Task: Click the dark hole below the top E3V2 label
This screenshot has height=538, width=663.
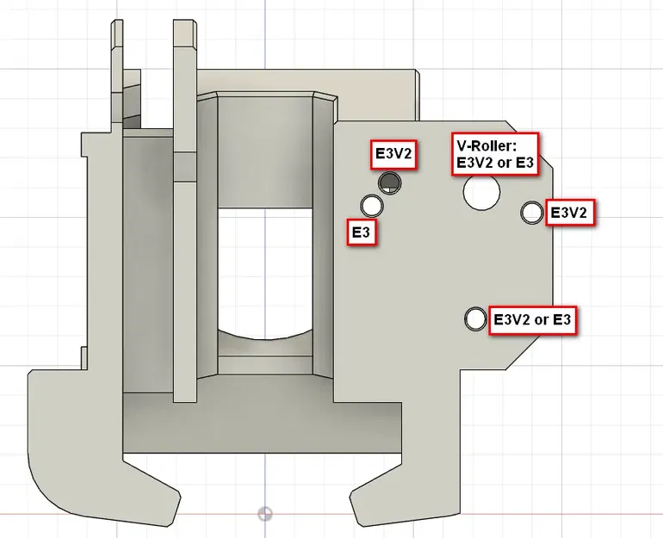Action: [390, 182]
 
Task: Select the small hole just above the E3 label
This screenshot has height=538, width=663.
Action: [373, 206]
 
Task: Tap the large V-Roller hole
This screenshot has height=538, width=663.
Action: [480, 190]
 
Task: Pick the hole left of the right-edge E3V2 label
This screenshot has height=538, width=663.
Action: [532, 212]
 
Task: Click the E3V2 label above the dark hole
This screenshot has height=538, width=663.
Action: [393, 154]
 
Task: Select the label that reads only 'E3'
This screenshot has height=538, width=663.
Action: [362, 233]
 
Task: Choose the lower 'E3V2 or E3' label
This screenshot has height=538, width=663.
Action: [532, 320]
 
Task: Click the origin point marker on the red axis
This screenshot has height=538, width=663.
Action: [265, 514]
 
